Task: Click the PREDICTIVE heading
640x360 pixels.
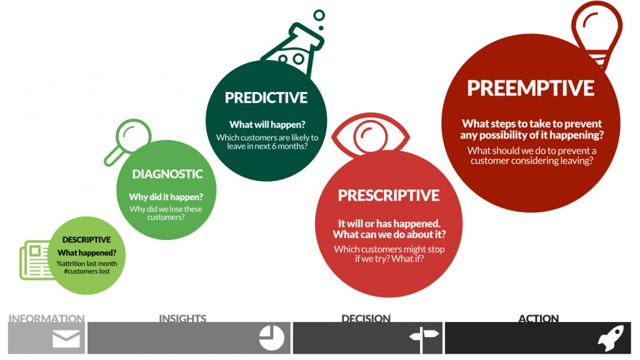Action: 266,98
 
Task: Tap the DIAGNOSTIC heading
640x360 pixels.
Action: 167,174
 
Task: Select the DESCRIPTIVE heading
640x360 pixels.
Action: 86,239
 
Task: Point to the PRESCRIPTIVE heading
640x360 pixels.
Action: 388,195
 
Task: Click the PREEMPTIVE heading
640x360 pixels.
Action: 531,88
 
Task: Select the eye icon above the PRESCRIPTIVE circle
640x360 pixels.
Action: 370,136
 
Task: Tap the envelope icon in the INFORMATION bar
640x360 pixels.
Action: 66,339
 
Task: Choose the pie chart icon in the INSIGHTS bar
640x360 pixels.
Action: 272,338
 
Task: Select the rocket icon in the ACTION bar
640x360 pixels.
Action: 611,338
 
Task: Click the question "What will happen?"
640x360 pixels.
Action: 267,124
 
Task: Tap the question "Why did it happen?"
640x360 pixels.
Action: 166,197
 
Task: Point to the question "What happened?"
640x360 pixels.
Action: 87,253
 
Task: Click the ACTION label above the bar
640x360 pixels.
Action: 538,318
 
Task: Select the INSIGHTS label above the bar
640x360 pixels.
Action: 183,318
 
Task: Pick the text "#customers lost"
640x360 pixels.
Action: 87,271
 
